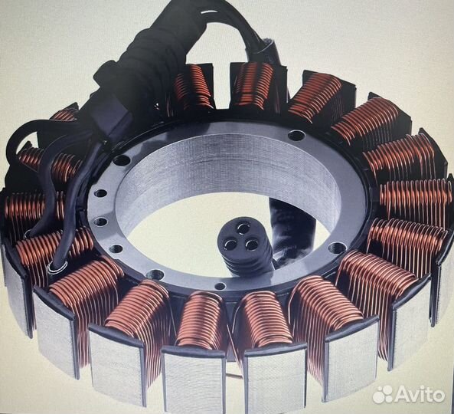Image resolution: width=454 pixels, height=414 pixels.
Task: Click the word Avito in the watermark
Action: pos(420,394)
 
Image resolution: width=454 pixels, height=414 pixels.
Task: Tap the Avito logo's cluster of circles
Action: pos(383,394)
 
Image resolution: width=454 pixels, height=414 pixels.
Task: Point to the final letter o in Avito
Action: pos(439,396)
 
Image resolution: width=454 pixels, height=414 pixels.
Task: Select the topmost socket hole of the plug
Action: pos(243,228)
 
